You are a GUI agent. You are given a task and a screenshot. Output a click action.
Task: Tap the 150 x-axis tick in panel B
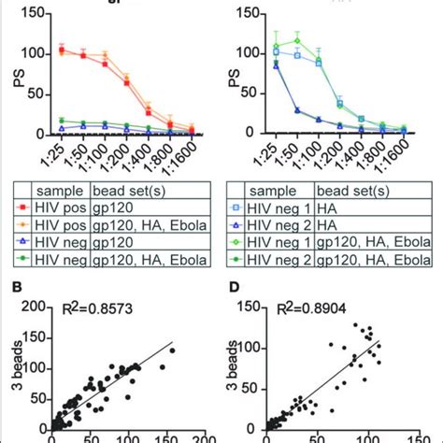[147, 436]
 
